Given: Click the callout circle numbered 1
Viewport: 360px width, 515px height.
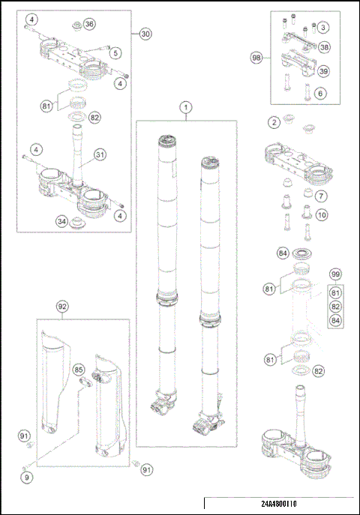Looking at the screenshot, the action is click(x=186, y=107).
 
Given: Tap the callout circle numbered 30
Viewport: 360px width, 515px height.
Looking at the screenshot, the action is click(x=145, y=34).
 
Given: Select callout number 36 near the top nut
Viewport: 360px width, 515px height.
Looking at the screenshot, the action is click(x=89, y=24).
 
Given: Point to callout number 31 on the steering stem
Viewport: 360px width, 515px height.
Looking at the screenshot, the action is click(x=100, y=154).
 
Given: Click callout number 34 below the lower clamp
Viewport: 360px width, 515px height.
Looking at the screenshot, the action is click(x=61, y=221).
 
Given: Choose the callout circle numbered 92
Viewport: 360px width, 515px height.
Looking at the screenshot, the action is click(x=62, y=307).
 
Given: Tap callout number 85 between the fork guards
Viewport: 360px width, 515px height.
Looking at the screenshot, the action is click(x=78, y=370).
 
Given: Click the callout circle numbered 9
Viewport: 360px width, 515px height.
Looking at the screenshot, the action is click(x=27, y=477).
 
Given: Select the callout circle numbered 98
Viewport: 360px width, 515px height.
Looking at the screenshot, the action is click(x=256, y=58).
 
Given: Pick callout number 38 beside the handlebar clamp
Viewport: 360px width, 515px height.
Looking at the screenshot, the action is click(x=324, y=47).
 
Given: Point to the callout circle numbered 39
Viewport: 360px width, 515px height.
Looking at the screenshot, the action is click(x=323, y=71).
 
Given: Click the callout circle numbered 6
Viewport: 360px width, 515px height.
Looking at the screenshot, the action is click(x=320, y=94).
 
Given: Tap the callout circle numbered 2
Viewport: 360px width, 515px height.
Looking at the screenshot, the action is click(x=274, y=123).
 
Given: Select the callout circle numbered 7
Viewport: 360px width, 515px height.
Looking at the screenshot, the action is click(x=321, y=196).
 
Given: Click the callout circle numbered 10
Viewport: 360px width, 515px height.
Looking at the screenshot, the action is click(x=322, y=215).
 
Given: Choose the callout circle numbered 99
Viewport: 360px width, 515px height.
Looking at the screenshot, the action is click(x=335, y=274).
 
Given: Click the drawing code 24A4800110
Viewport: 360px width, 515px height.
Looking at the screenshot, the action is click(x=279, y=504).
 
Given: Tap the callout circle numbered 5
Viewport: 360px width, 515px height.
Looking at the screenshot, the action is click(x=115, y=53).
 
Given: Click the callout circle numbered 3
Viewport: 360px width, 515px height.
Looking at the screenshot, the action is click(x=323, y=27).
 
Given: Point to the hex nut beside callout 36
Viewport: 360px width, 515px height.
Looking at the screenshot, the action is click(x=76, y=25).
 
